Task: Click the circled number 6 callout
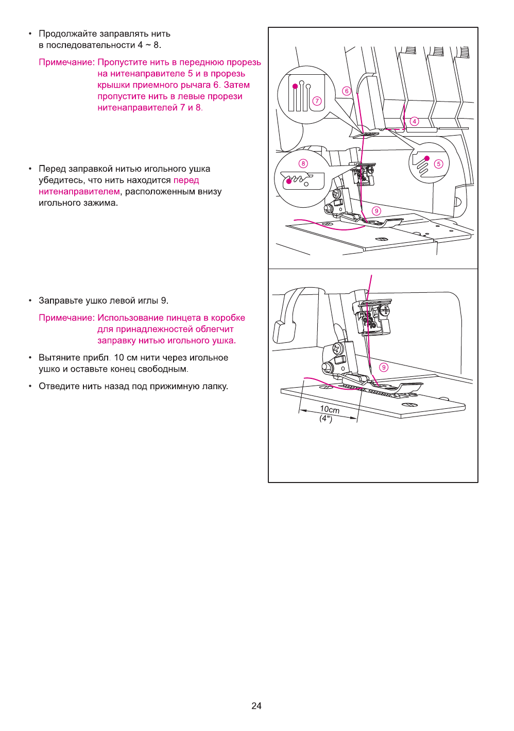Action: click(347, 91)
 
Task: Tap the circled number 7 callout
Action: click(317, 101)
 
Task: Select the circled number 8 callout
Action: click(303, 163)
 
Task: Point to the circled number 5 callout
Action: click(438, 164)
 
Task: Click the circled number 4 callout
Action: click(415, 122)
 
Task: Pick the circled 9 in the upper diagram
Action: click(376, 211)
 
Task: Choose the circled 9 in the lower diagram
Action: click(384, 367)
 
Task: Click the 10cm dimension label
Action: click(330, 409)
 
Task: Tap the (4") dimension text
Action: click(325, 418)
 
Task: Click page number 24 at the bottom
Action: click(256, 706)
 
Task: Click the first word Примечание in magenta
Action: click(66, 62)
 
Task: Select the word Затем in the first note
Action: click(236, 85)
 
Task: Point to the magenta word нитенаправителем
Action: click(79, 192)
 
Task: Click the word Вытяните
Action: click(59, 358)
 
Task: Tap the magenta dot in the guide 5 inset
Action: click(427, 158)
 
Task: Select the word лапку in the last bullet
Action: click(214, 387)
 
